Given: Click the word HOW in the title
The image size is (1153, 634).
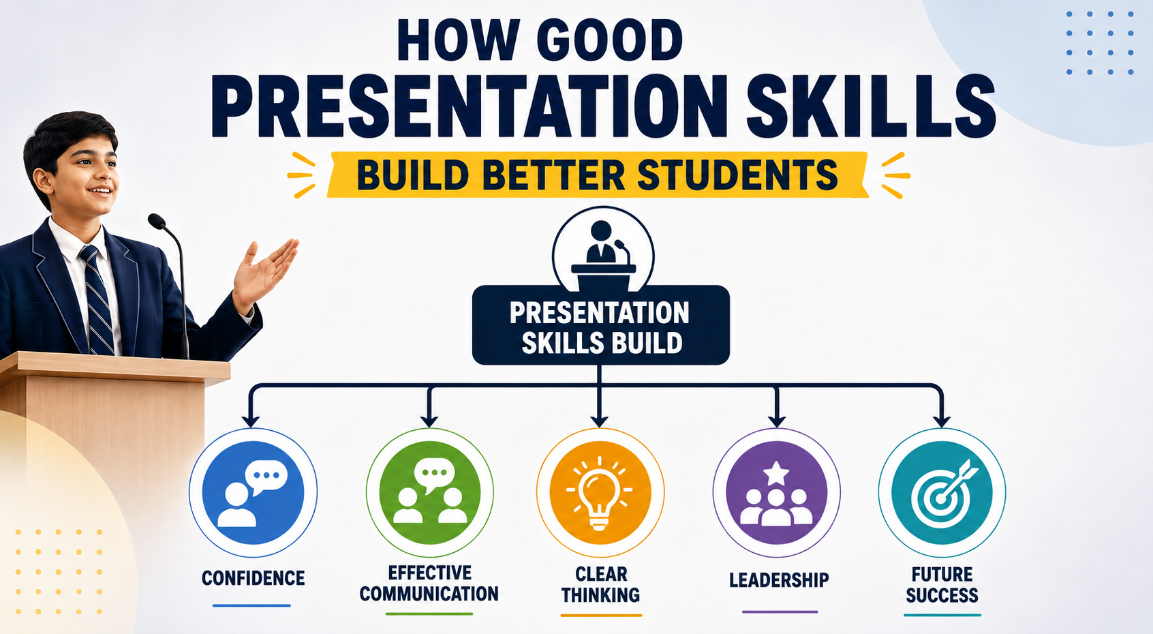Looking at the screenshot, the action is pyautogui.click(x=458, y=40).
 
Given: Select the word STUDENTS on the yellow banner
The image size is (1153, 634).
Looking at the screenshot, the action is pyautogui.click(x=737, y=175).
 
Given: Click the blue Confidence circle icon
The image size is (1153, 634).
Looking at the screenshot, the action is pyautogui.click(x=253, y=492).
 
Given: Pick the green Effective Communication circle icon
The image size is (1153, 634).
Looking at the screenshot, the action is pyautogui.click(x=429, y=492).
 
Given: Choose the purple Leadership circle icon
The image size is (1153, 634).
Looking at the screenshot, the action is pyautogui.click(x=776, y=492).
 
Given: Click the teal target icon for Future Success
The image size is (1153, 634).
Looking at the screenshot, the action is pyautogui.click(x=942, y=492).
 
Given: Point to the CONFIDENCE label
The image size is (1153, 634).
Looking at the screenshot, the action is pyautogui.click(x=253, y=578).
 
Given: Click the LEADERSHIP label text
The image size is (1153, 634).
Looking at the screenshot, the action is pyautogui.click(x=779, y=580).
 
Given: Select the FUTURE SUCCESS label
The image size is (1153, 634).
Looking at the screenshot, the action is pyautogui.click(x=942, y=584).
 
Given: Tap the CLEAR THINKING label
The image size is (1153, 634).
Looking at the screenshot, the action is pyautogui.click(x=600, y=584).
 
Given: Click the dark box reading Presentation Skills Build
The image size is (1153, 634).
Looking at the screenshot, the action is pyautogui.click(x=601, y=325).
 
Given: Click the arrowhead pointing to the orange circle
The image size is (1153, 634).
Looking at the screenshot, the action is pyautogui.click(x=600, y=420).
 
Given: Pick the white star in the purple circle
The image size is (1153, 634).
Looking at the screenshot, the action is pyautogui.click(x=776, y=473).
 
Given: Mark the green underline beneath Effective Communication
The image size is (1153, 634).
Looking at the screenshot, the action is pyautogui.click(x=429, y=614).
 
